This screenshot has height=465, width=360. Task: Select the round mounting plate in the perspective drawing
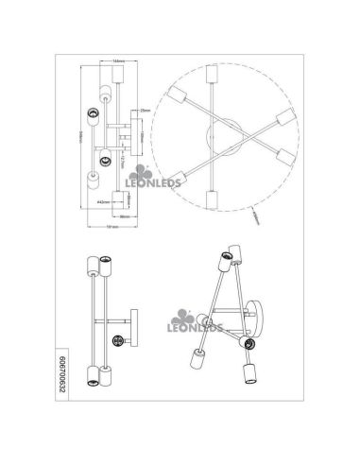(x=258, y=317)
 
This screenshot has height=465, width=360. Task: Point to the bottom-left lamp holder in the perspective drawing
(x=198, y=360)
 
